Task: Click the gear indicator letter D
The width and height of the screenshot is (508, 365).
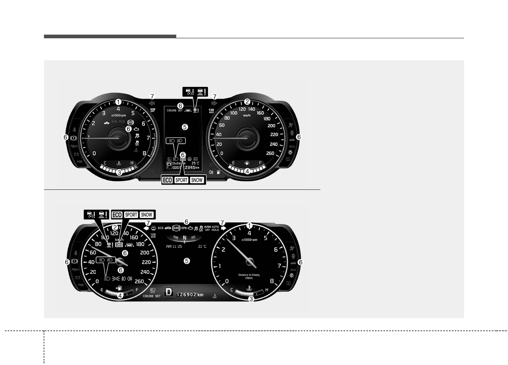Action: (x=168, y=293)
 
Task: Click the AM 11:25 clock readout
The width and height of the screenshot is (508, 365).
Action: (x=174, y=246)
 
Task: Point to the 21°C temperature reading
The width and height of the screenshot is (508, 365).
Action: (x=203, y=246)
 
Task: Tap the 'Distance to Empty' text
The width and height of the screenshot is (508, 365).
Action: (x=249, y=275)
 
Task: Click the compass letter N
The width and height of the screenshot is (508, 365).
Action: (x=185, y=237)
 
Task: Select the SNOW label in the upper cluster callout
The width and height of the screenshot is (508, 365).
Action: (x=197, y=180)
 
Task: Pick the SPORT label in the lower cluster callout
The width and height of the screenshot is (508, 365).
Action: (x=131, y=214)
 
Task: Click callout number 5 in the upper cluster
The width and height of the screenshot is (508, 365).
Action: (x=185, y=127)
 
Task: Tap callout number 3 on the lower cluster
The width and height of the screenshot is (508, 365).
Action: (x=251, y=299)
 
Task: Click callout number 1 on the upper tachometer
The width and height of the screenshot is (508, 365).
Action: (x=118, y=101)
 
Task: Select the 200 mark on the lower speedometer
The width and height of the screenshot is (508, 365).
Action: (x=144, y=253)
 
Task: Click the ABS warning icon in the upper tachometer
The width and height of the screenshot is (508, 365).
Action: (x=130, y=122)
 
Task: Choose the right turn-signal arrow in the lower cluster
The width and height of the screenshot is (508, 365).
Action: (x=223, y=228)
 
